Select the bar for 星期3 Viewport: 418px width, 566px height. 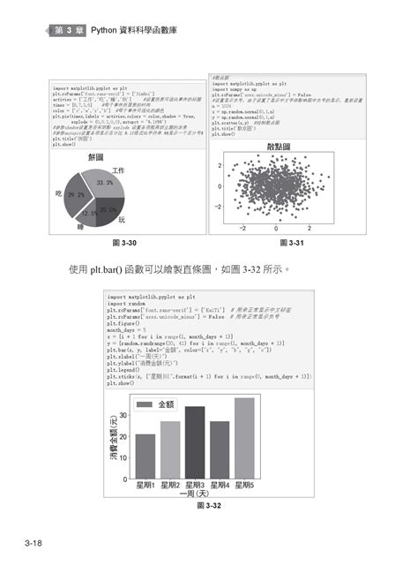[195, 441]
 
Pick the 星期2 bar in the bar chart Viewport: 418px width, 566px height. [170, 449]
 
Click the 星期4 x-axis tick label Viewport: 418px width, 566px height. [220, 485]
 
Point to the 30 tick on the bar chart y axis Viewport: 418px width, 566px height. [123, 415]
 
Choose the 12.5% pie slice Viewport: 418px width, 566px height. [89, 213]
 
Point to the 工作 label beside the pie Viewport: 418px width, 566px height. [119, 170]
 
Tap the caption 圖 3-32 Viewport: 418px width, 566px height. [209, 507]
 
